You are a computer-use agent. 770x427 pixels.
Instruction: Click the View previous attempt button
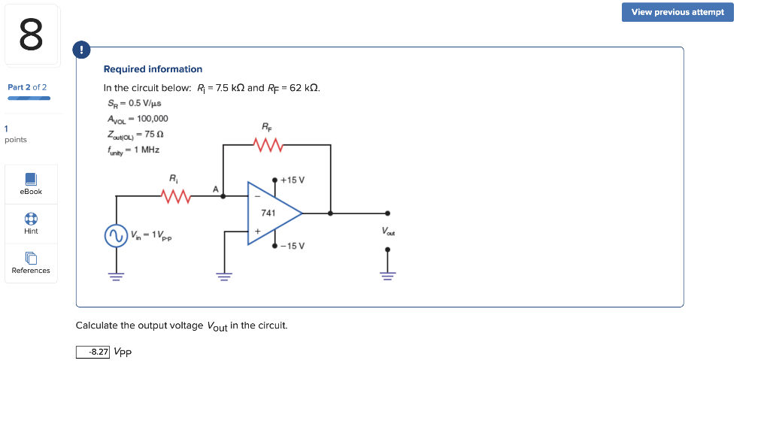click(678, 12)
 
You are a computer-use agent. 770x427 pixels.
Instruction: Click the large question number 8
click(31, 35)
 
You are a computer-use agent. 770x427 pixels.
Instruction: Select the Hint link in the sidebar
click(31, 223)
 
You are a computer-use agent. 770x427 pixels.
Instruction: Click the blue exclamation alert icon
click(81, 50)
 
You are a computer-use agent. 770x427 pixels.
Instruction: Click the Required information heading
click(153, 69)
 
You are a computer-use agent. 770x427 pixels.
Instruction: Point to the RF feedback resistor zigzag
click(268, 144)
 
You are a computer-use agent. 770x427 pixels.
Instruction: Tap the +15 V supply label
click(292, 180)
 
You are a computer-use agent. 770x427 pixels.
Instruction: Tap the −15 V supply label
click(292, 246)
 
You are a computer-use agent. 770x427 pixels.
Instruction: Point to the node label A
click(216, 189)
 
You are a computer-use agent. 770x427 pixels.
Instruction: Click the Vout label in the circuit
click(388, 232)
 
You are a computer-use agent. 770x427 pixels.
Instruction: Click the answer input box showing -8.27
click(92, 352)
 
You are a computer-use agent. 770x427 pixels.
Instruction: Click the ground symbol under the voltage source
click(115, 275)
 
